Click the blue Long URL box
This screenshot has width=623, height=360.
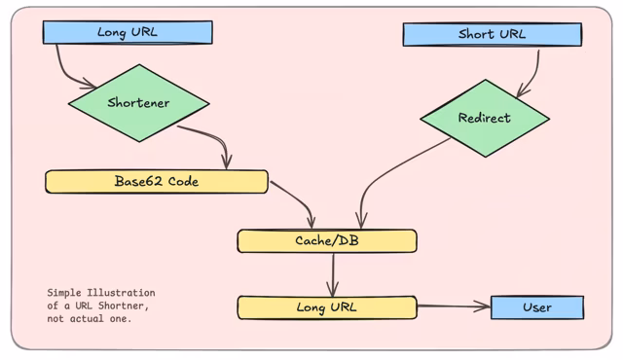(127, 33)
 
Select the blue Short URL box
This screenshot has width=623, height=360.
(492, 35)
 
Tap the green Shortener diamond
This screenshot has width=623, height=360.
(138, 103)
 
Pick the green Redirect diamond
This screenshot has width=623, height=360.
(484, 119)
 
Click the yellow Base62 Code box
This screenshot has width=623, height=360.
(156, 182)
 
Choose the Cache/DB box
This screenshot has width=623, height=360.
(326, 240)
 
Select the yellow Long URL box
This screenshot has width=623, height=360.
(326, 307)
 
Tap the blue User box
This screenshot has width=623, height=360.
(536, 307)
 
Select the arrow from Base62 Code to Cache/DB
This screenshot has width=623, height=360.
(296, 198)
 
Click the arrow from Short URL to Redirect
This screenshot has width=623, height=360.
(533, 70)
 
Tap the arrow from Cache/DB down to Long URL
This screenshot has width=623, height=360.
(333, 274)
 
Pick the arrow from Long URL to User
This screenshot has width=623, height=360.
(453, 306)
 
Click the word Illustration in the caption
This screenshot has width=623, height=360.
(120, 293)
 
